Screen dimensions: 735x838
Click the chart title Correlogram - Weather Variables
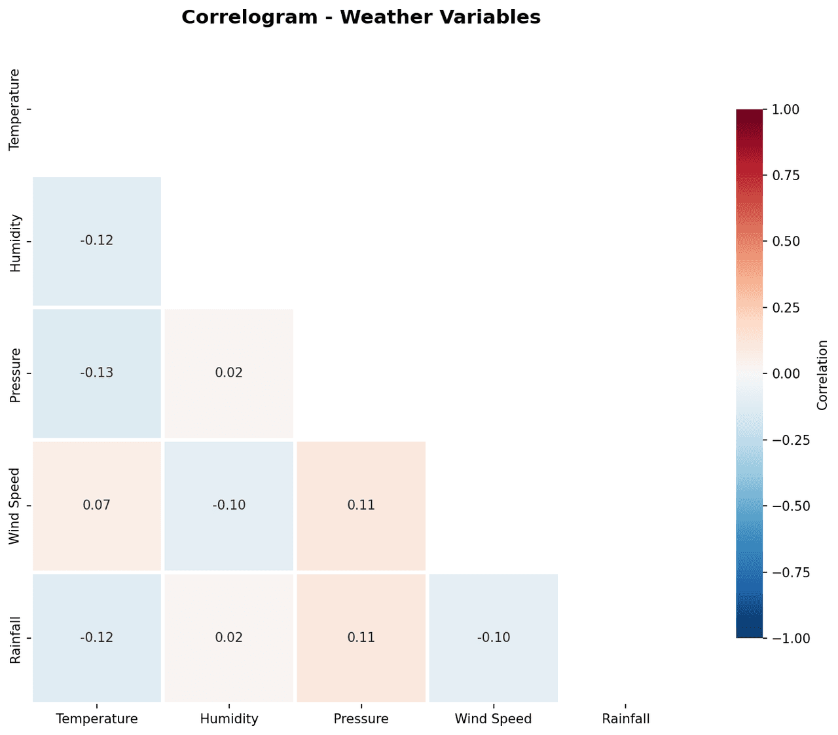[x=361, y=17]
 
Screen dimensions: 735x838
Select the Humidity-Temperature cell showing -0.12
[x=97, y=240]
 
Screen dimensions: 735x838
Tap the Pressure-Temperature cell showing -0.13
[x=97, y=373]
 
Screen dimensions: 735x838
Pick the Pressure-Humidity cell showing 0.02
[x=229, y=373]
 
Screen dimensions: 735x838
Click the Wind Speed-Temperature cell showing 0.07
[x=97, y=505]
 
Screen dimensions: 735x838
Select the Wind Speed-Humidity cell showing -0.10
[x=229, y=505]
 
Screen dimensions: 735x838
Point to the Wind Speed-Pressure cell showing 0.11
[x=361, y=505]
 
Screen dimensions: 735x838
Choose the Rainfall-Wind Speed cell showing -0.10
[x=494, y=637]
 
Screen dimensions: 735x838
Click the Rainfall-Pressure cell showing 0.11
[x=361, y=637]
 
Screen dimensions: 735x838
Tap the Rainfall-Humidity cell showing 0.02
[x=229, y=637]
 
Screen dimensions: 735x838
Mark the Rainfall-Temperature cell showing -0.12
[x=97, y=637]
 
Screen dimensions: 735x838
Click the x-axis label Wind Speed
[x=494, y=719]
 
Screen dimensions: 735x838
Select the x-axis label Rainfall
[x=626, y=719]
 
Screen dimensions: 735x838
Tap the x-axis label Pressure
[x=361, y=719]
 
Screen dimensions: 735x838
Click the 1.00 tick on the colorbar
[x=786, y=109]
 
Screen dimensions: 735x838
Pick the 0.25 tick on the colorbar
[x=786, y=307]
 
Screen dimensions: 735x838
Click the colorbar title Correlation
[x=823, y=375]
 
